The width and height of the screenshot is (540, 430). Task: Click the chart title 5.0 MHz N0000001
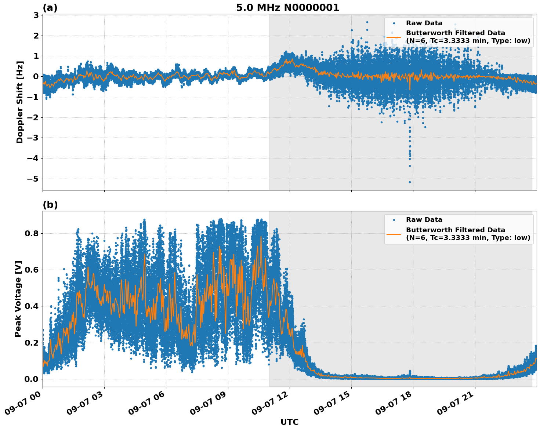[287, 8]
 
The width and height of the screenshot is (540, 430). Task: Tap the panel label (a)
[50, 8]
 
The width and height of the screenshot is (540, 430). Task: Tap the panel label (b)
[50, 205]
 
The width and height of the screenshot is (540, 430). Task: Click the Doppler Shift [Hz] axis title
[20, 102]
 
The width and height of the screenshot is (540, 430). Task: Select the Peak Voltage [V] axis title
[18, 299]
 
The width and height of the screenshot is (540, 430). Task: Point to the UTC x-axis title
[289, 422]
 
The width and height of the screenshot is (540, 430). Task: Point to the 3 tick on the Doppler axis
[36, 15]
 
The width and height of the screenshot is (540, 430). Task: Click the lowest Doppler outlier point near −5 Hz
[410, 182]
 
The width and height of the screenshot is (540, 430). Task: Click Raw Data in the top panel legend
[424, 23]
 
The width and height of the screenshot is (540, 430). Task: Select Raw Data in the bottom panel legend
[424, 220]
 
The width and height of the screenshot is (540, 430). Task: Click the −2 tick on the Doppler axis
[34, 117]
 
